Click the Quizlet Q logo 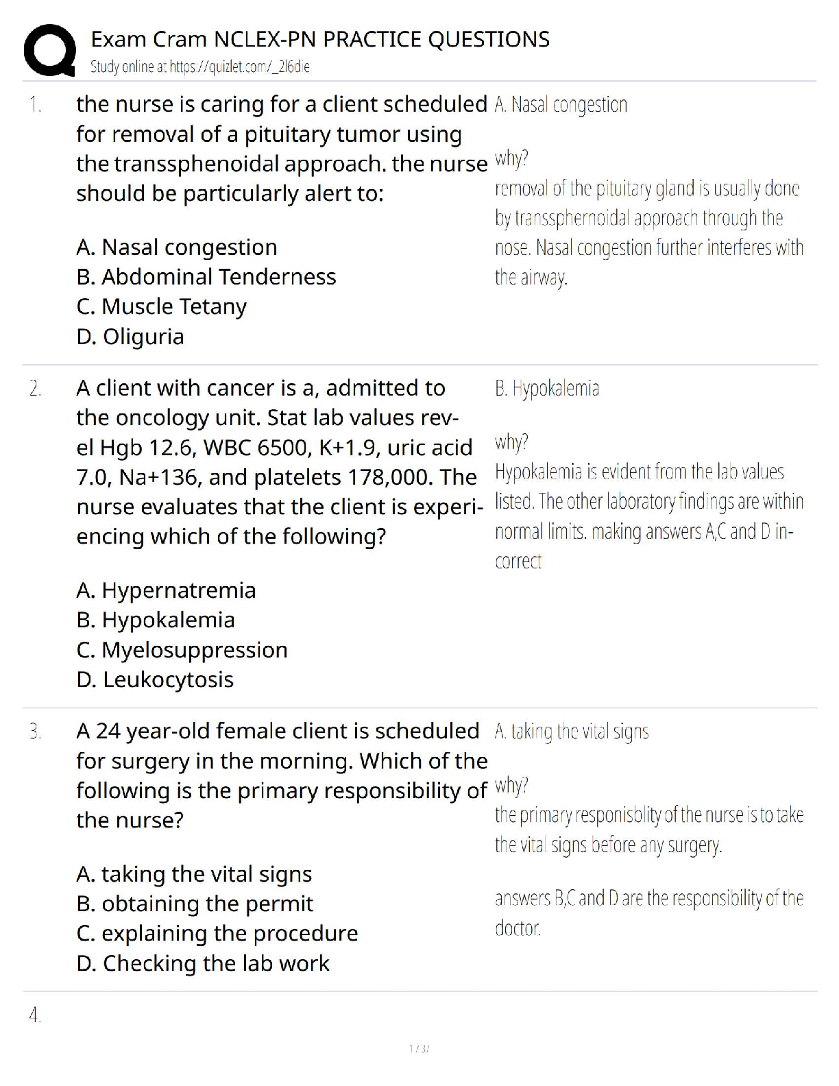click(49, 49)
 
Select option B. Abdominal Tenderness click(206, 276)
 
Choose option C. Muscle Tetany click(162, 306)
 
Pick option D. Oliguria click(130, 336)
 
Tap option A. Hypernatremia click(166, 590)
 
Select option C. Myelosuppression click(182, 649)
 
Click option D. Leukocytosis click(155, 679)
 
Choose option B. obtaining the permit click(195, 903)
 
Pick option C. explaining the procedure click(217, 932)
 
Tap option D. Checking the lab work click(203, 963)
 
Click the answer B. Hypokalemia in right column click(547, 389)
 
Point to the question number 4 click(35, 1015)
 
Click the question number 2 click(35, 389)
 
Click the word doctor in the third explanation click(518, 928)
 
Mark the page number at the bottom click(419, 1048)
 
